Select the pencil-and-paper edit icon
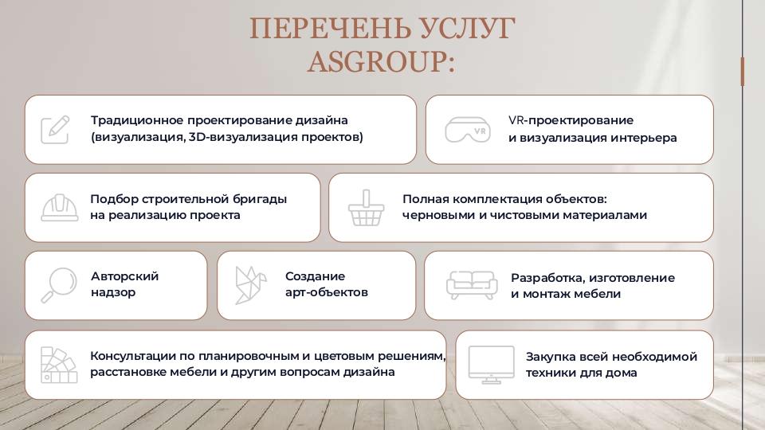click(x=56, y=129)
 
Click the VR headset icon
click(x=468, y=129)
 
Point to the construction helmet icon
click(x=58, y=207)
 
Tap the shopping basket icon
click(x=367, y=208)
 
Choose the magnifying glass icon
click(x=57, y=285)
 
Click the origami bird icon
click(x=249, y=285)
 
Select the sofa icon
click(x=472, y=285)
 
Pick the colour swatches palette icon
click(x=57, y=365)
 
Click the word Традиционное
click(x=137, y=120)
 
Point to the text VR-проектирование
click(x=571, y=120)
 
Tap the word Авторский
click(x=124, y=276)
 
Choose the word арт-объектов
click(x=327, y=292)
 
